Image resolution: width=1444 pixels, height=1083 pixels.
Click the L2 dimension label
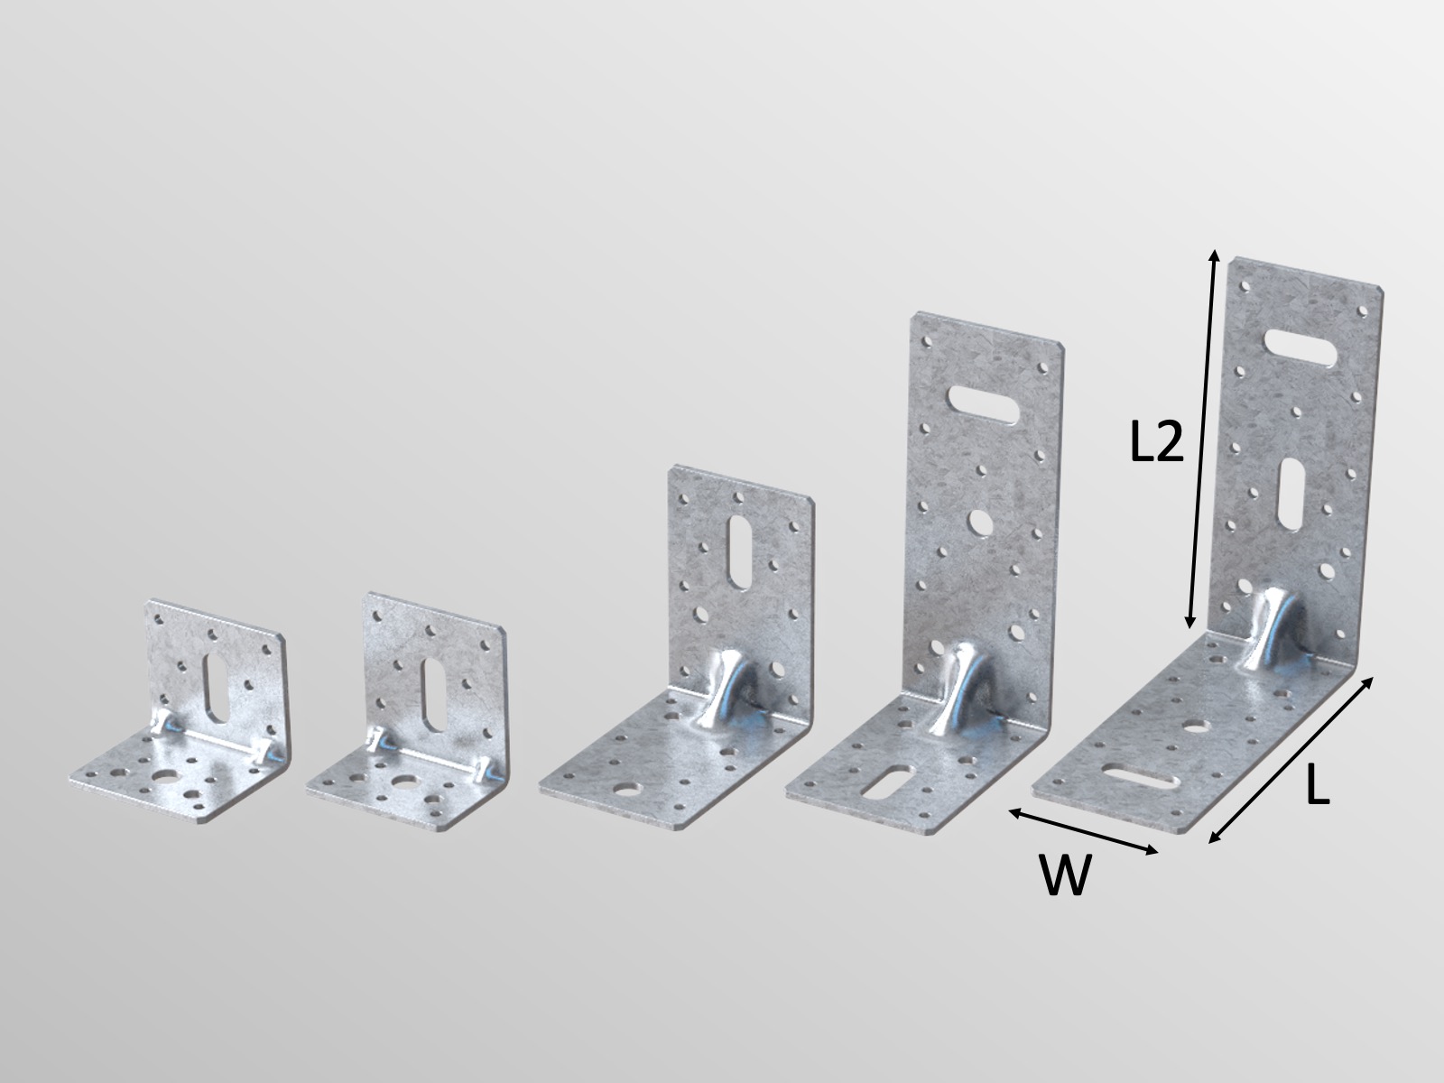click(x=1156, y=442)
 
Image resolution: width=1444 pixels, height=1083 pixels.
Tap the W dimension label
click(x=1065, y=875)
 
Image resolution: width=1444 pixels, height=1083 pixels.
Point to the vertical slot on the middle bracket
click(x=737, y=551)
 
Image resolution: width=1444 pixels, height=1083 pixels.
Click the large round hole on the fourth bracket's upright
click(x=980, y=521)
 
